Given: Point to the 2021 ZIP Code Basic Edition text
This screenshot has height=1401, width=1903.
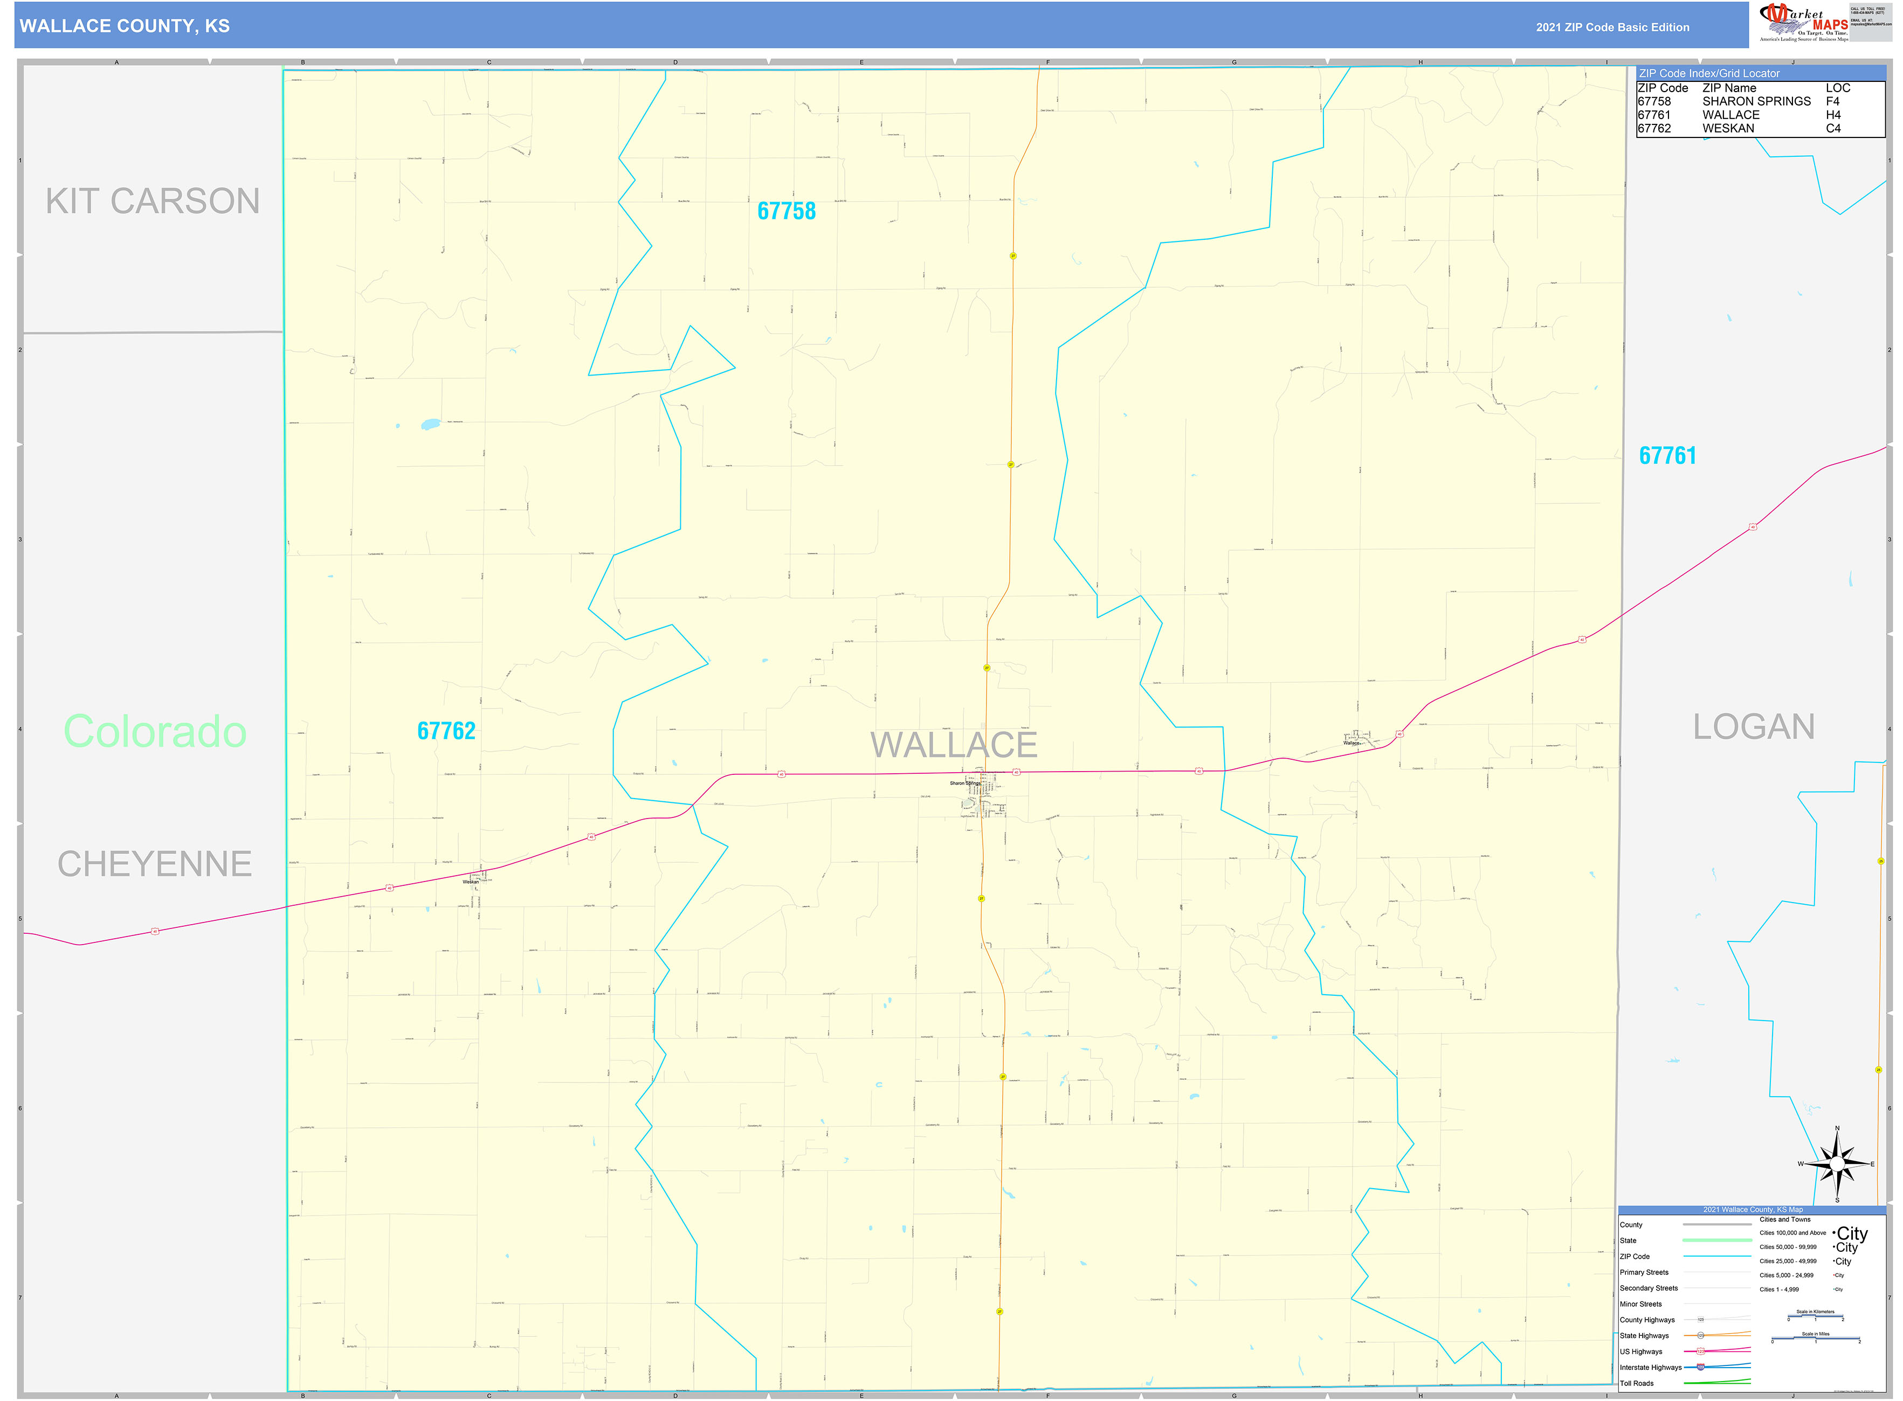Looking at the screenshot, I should coord(1612,27).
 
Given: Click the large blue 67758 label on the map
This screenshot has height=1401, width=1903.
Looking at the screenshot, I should coord(787,211).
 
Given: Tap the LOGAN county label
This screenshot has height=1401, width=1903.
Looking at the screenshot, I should coord(1754,727).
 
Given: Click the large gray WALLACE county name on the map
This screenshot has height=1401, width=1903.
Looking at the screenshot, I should coord(954,745).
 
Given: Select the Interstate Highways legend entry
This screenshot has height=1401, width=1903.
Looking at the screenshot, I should coord(1650,1367).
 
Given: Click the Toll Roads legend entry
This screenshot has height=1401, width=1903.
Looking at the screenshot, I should coord(1637,1383).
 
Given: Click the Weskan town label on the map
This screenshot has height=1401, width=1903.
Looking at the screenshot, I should coord(471,882).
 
